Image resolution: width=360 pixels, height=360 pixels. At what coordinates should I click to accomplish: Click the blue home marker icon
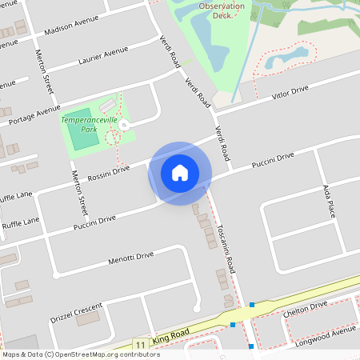(180, 172)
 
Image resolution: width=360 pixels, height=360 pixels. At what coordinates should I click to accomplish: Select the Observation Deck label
(221, 10)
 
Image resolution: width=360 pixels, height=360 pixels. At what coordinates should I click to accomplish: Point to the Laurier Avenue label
(103, 56)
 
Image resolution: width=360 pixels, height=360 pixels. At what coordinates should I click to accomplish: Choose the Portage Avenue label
(34, 114)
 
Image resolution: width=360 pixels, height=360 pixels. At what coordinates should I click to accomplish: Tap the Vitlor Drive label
(289, 93)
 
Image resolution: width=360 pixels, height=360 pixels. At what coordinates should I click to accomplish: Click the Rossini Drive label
(109, 170)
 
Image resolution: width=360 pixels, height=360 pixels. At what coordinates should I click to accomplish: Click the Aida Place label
(327, 202)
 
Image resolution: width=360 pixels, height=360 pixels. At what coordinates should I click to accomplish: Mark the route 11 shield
(140, 345)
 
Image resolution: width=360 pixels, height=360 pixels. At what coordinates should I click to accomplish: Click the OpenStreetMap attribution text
(81, 354)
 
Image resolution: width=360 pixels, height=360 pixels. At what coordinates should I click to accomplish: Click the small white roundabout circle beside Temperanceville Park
(125, 125)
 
